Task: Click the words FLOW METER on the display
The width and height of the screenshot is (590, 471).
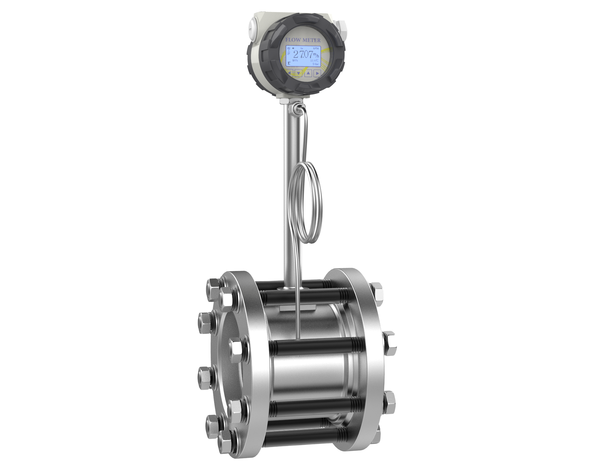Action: pos(303,40)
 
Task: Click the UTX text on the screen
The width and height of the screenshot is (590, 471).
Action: pos(316,49)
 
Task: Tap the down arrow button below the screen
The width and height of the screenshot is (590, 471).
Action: pos(298,73)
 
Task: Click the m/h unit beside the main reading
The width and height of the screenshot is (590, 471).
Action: pos(316,55)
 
